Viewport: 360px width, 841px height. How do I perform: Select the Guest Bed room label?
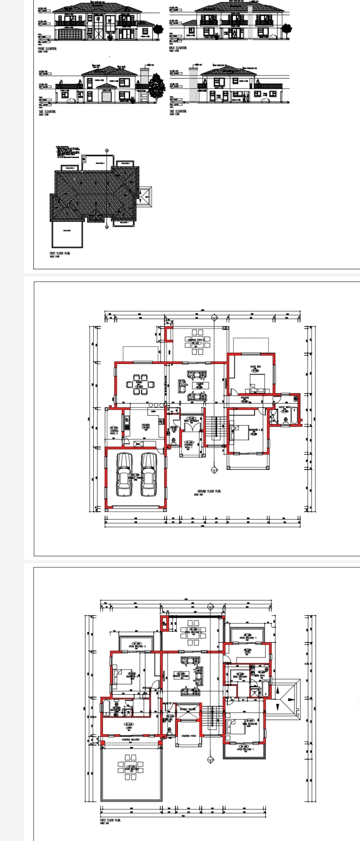(x=255, y=367)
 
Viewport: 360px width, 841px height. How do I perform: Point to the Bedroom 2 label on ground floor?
(x=255, y=430)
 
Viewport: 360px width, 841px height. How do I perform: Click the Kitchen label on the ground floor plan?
(x=146, y=425)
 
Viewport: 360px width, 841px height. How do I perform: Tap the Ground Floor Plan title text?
(x=209, y=491)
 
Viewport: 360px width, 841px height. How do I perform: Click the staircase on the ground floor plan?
(x=215, y=429)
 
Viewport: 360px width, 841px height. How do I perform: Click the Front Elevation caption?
(x=47, y=48)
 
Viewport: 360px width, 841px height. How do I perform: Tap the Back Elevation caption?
(x=178, y=48)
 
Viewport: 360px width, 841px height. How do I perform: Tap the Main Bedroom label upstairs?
(x=250, y=724)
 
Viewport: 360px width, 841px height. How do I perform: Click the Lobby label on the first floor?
(x=129, y=728)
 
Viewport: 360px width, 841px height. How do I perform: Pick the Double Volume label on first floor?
(x=188, y=709)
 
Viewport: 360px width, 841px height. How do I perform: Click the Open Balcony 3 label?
(x=137, y=647)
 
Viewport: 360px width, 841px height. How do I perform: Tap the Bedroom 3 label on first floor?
(x=132, y=676)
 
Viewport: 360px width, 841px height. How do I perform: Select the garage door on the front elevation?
(x=69, y=35)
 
